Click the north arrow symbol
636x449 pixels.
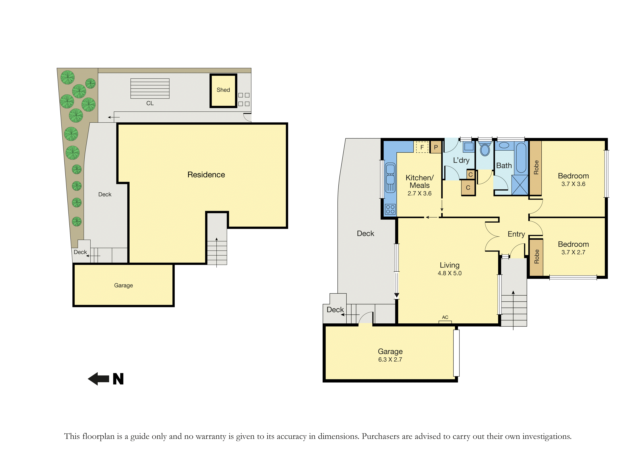(98, 379)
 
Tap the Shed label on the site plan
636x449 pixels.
(223, 90)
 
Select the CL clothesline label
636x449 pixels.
(150, 103)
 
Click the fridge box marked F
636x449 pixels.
(422, 147)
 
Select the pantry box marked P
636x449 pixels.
(436, 147)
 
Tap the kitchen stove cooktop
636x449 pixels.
(390, 209)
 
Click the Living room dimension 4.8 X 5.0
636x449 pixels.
(449, 273)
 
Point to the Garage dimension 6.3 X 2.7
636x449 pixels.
(390, 360)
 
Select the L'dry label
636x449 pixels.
(461, 161)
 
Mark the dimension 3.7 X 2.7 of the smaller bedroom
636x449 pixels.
(573, 252)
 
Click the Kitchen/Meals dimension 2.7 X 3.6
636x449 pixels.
(419, 193)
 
